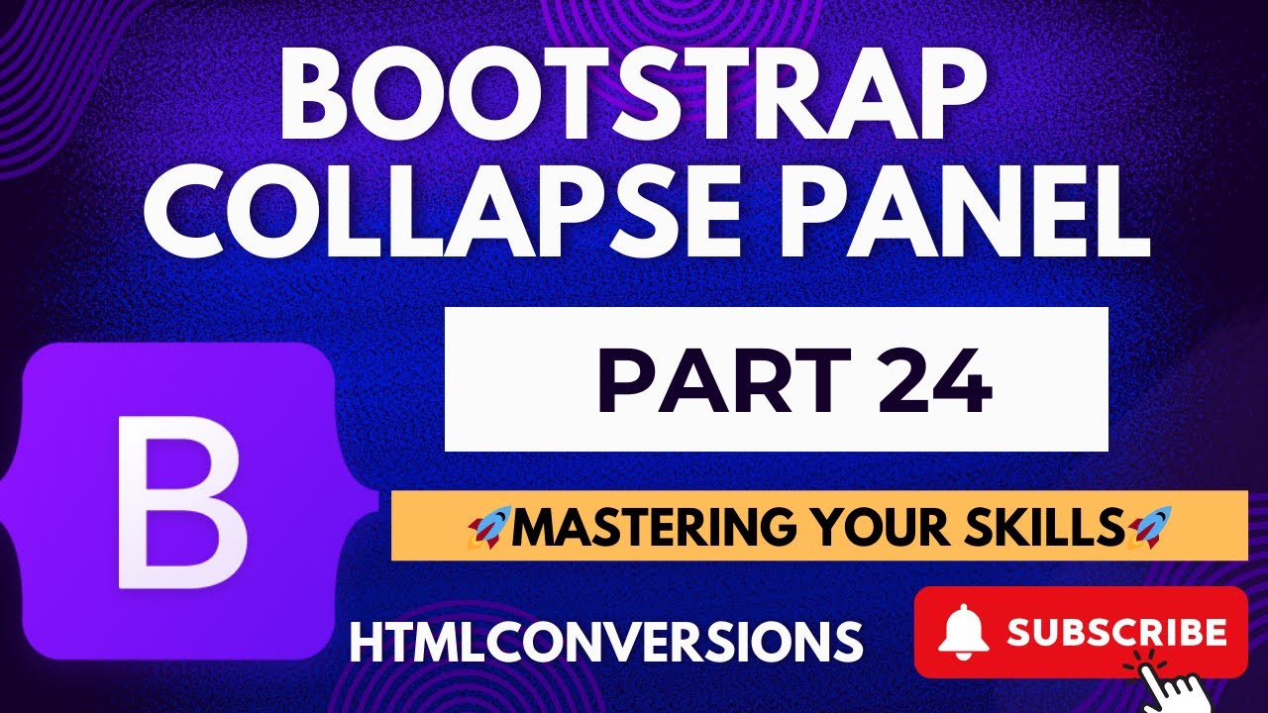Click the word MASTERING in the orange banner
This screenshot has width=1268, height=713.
654,526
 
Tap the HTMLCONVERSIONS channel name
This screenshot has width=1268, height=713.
606,642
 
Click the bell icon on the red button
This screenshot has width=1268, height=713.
965,633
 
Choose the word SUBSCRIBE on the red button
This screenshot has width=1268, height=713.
1116,632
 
